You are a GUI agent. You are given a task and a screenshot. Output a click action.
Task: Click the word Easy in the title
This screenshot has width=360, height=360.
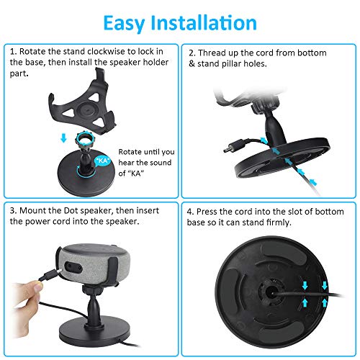point(124,24)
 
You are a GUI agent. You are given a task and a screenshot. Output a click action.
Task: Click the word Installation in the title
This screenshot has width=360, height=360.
point(204,22)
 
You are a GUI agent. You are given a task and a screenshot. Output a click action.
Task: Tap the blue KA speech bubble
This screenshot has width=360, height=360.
point(103,161)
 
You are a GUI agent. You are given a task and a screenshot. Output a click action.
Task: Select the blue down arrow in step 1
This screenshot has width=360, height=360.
point(63,138)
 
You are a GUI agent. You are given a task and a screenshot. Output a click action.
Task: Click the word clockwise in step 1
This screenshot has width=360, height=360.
point(106,51)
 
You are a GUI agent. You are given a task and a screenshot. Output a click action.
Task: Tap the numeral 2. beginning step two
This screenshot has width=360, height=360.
point(192,53)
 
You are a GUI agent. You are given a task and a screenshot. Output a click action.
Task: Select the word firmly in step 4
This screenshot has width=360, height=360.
point(279,222)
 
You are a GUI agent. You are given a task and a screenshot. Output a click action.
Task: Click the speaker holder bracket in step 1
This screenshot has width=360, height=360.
point(83,106)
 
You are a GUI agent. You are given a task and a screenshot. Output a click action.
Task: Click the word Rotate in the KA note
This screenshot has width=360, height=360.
point(130,152)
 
